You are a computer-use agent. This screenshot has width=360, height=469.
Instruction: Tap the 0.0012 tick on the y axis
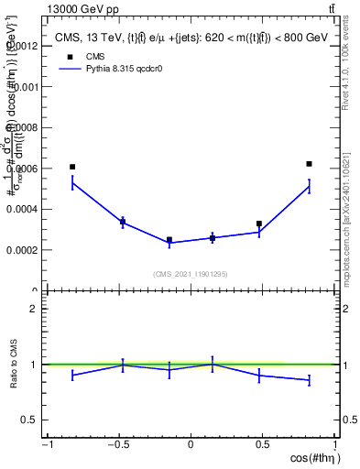point(24,45)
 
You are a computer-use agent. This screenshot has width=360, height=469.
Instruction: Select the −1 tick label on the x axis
point(47,445)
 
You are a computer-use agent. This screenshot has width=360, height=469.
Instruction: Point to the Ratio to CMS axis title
point(14,365)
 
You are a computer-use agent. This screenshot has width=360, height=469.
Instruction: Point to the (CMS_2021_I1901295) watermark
point(191,274)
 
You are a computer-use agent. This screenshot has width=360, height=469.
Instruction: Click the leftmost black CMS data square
point(72,167)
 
